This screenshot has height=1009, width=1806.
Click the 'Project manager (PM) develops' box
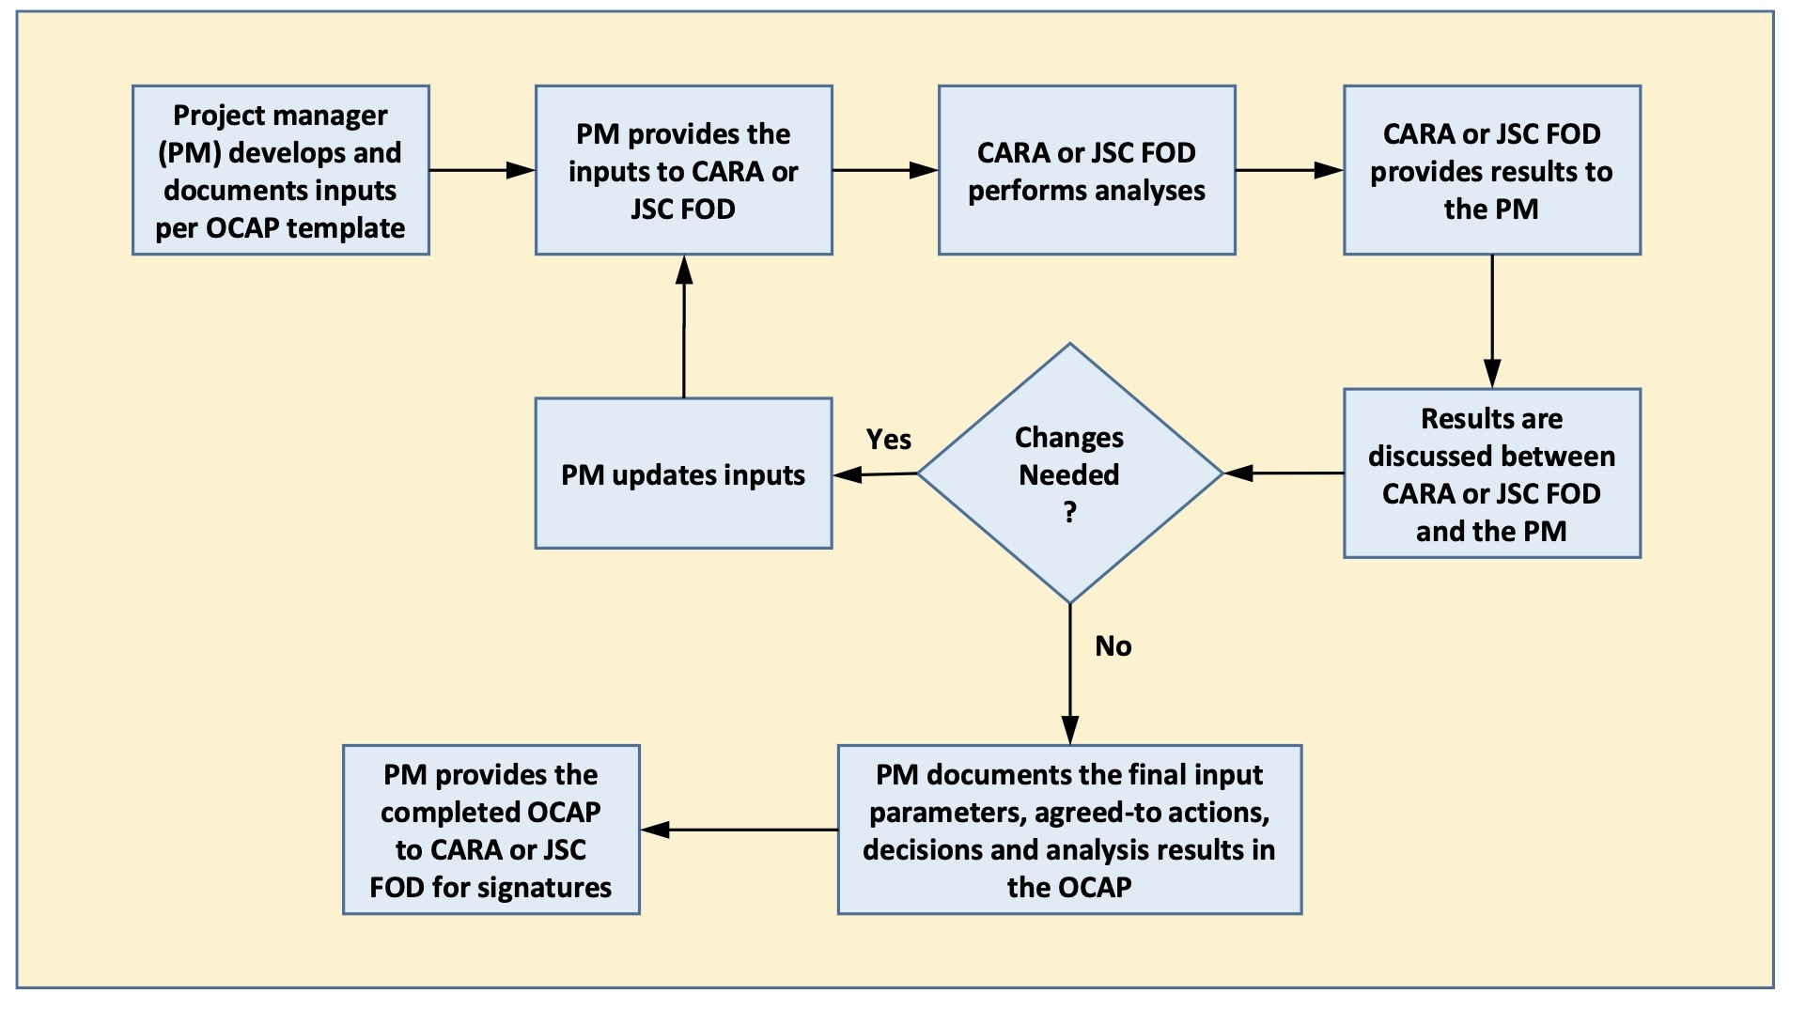[280, 170]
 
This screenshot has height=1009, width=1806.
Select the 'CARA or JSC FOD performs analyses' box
[1086, 170]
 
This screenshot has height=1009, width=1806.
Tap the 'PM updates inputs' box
[683, 473]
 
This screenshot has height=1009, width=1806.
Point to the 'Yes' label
[888, 440]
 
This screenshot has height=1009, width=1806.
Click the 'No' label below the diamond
[1113, 646]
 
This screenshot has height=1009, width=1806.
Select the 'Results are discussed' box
[1491, 473]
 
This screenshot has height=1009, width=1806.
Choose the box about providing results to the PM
[1491, 170]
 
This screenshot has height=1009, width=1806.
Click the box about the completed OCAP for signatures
[490, 830]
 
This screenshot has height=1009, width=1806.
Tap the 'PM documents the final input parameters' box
[1069, 830]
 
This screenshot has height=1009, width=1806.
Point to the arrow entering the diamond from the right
[1284, 473]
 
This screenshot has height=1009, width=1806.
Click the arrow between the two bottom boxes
[739, 830]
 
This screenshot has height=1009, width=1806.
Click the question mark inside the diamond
[1069, 513]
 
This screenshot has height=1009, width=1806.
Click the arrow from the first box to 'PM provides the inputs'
[482, 170]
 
